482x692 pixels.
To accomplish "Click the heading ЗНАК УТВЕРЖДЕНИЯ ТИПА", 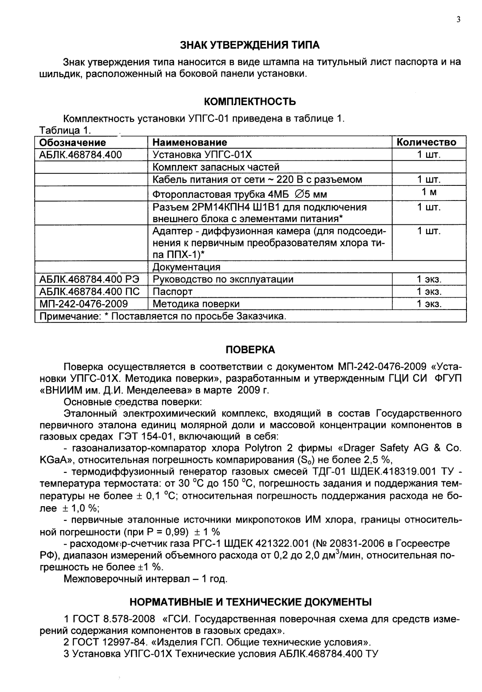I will point(249,45).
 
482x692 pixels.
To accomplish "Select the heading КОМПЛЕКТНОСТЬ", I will point(250,102).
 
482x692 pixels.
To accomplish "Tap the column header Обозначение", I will point(73,142).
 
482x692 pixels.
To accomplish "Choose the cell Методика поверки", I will point(196,304).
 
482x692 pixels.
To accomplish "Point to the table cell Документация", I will point(186,267).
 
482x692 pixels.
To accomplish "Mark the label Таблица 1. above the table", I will point(65,130).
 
